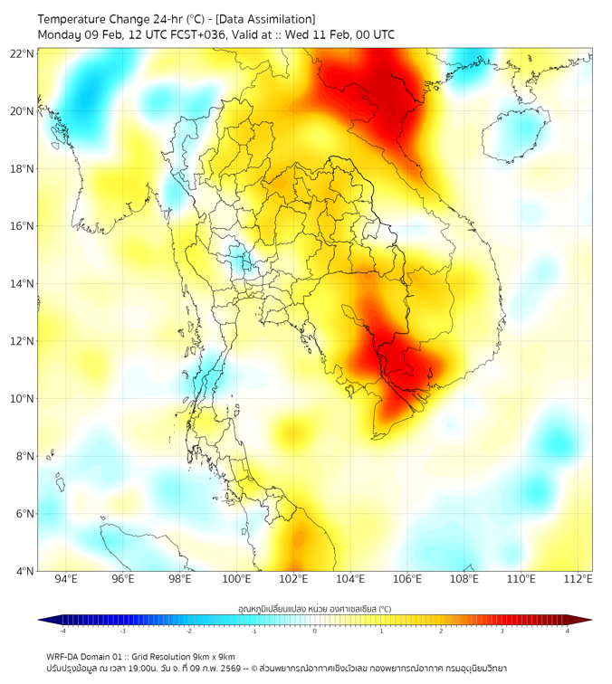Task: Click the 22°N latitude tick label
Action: tap(23, 53)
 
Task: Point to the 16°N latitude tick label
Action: tap(23, 226)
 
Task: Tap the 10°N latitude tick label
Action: tap(23, 399)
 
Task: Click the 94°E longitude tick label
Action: tap(66, 579)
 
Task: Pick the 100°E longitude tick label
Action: tap(237, 579)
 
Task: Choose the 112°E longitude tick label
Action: tap(579, 579)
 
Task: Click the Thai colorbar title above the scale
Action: tap(314, 608)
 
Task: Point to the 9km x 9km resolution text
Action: tap(210, 656)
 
